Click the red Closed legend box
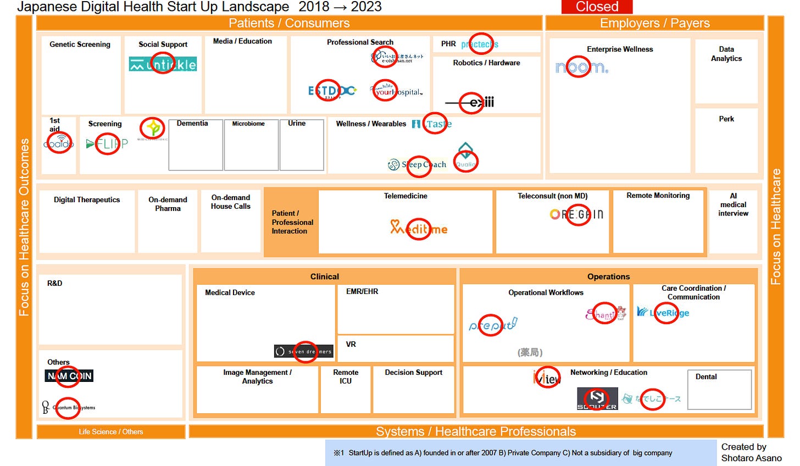coord(597,7)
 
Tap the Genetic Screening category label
coord(80,45)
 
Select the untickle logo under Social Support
coord(163,64)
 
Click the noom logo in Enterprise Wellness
coord(581,67)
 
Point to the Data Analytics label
coord(726,54)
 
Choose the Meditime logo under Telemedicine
coord(419,228)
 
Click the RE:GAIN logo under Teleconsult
coord(576,214)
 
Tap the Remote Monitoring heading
coord(658,196)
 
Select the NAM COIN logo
coord(69,376)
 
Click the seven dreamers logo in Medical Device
coord(304,351)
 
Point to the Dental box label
coord(706,377)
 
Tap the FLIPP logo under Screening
coord(107,144)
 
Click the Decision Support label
coord(413,373)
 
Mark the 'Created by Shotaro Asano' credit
coord(751,452)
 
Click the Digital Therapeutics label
coord(87,200)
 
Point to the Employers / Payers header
coord(654,23)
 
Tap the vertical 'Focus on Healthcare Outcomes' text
coord(24,227)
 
